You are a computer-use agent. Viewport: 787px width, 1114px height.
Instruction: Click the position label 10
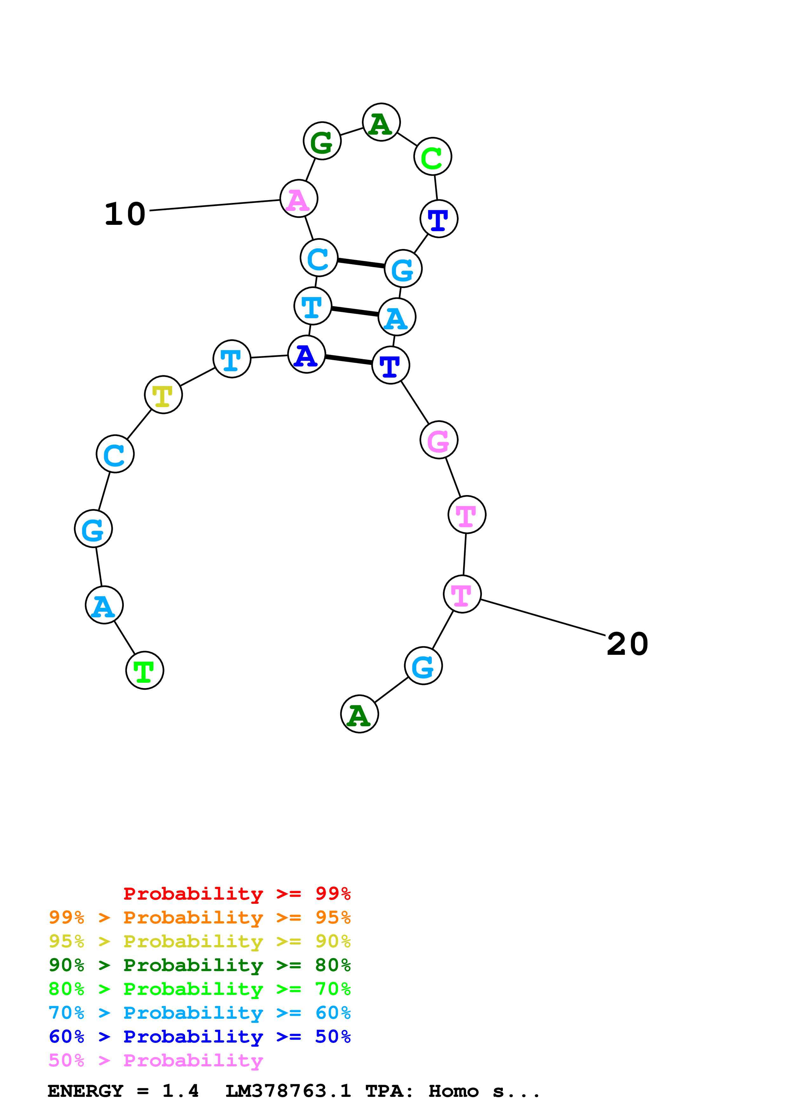coord(125,214)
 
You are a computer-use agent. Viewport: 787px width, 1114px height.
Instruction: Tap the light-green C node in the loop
coord(432,157)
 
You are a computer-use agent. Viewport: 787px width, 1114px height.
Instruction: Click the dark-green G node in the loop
coord(322,141)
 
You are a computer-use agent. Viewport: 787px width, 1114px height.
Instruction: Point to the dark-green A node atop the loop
coord(381,122)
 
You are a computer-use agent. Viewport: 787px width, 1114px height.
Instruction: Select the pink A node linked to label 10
coord(299,198)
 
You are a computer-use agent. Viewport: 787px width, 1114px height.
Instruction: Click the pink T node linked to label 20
coord(462,594)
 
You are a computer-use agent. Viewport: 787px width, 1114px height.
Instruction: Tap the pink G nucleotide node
coord(439,440)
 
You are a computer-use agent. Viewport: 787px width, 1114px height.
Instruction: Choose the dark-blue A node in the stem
coord(306,354)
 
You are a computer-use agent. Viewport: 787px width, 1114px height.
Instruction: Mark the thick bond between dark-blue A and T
coord(348,359)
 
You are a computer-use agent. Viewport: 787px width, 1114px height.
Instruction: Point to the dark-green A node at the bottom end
coord(359,714)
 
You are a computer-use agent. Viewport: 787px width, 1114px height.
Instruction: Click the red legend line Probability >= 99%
coord(237,894)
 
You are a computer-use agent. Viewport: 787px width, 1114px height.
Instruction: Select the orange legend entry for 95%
coord(199,917)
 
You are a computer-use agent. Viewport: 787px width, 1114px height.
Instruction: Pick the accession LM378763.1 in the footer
coord(288,1091)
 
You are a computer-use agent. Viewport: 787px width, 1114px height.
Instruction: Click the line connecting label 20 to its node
coord(543,617)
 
